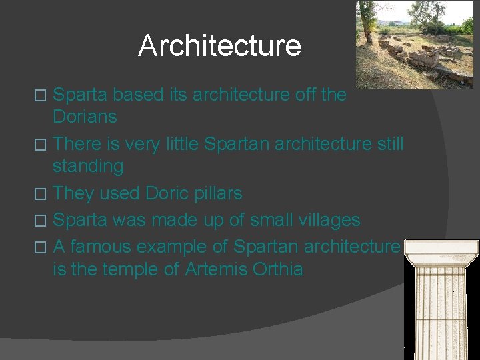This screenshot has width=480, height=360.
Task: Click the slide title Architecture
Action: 219,46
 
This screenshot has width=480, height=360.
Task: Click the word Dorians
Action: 85,117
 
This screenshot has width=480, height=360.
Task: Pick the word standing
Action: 88,166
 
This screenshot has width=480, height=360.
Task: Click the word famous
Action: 103,247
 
